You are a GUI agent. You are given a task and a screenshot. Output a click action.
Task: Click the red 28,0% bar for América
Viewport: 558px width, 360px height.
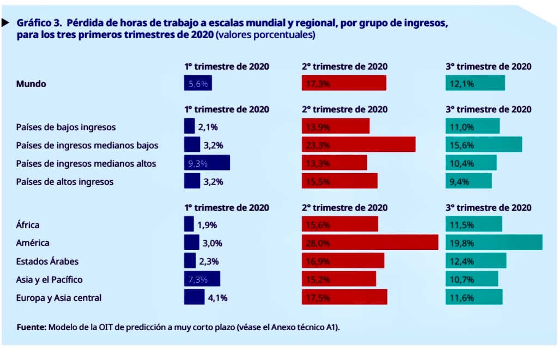pos(370,242)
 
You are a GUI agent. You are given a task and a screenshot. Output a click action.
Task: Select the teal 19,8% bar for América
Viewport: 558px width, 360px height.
pos(494,242)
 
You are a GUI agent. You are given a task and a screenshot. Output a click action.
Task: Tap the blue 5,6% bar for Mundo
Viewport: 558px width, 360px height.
pos(198,83)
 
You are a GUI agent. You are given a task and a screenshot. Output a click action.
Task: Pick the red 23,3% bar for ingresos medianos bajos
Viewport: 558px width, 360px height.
pos(359,145)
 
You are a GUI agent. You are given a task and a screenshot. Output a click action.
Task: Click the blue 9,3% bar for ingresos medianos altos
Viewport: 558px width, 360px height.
pos(207,163)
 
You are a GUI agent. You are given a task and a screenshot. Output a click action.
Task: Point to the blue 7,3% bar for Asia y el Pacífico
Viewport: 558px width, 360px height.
pos(202,279)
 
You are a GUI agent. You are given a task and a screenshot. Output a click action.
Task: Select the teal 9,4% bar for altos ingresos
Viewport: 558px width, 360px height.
pos(469,181)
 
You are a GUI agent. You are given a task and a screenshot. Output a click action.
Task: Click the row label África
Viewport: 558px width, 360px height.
pos(28,224)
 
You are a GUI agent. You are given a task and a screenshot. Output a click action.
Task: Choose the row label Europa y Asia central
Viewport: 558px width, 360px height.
pos(59,297)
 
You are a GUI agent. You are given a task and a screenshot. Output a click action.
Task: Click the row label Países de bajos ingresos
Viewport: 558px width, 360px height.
pos(66,127)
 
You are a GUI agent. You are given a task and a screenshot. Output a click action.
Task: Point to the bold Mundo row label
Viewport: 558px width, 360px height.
pos(31,84)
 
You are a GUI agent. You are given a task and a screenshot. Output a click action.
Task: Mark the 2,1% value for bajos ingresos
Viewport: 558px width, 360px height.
pos(208,127)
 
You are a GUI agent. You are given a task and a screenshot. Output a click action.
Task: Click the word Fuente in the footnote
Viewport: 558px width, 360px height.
pos(31,327)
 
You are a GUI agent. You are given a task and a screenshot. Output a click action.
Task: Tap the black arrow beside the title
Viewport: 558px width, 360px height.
pos(5,23)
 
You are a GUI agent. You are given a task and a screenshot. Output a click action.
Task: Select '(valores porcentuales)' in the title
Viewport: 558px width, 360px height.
pos(265,35)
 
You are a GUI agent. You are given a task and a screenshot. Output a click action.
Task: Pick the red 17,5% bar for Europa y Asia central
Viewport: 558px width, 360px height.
pos(344,297)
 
